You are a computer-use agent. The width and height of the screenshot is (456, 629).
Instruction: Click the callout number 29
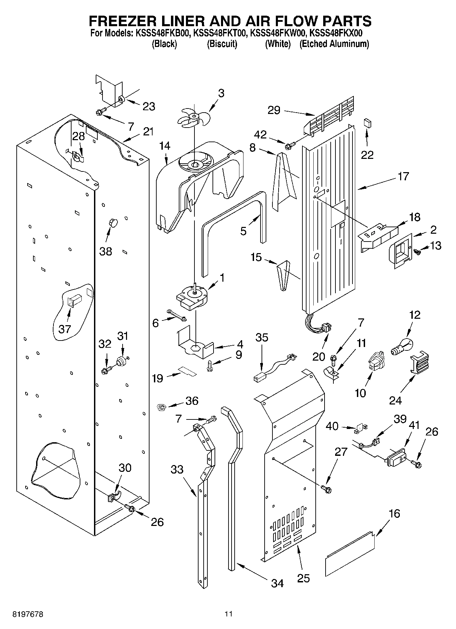pos(274,110)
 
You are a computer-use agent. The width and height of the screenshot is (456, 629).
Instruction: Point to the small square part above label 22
pos(367,122)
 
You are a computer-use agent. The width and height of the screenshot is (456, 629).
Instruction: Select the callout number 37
pos(65,329)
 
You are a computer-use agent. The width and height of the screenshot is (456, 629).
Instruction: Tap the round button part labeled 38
pos(113,223)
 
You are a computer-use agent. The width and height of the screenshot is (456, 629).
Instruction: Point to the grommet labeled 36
pos(161,406)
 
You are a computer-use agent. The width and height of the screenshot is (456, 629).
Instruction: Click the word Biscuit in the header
pos(222,44)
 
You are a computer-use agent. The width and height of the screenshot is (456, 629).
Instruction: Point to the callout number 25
pos(303,578)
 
